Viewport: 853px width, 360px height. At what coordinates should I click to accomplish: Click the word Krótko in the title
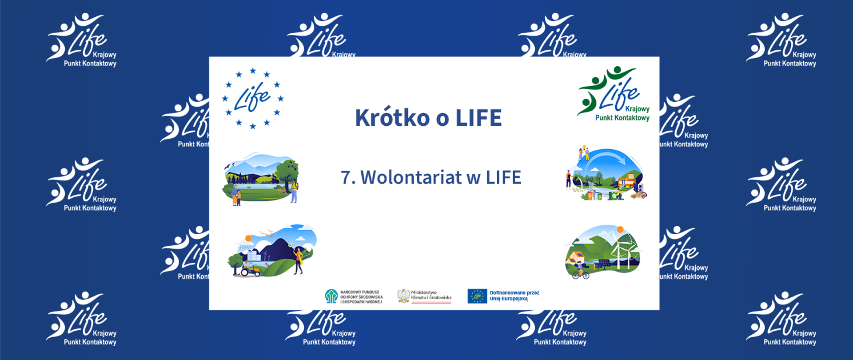click(x=392, y=118)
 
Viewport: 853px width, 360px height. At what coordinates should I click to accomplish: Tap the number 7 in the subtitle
click(x=345, y=178)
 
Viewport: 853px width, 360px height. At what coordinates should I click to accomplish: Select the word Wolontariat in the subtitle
click(x=411, y=178)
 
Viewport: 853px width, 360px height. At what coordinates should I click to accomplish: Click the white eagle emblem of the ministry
click(x=403, y=296)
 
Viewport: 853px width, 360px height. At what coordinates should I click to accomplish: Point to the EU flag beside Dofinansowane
click(x=477, y=296)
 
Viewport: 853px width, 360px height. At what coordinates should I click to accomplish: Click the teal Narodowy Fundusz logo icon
click(x=331, y=296)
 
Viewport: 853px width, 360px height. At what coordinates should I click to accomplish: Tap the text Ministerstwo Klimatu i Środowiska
click(x=431, y=295)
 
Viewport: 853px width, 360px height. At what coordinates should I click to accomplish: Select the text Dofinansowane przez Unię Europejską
click(x=514, y=296)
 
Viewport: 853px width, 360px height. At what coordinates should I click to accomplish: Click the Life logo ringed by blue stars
click(x=252, y=98)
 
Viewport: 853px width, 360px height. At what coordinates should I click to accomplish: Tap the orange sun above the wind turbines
click(x=620, y=229)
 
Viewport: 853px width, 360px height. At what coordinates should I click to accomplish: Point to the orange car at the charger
click(x=638, y=195)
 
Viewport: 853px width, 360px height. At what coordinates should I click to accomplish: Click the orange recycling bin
click(x=590, y=196)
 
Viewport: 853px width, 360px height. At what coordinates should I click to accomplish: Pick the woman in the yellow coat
click(x=299, y=260)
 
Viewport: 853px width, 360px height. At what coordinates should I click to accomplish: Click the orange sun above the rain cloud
click(x=248, y=239)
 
